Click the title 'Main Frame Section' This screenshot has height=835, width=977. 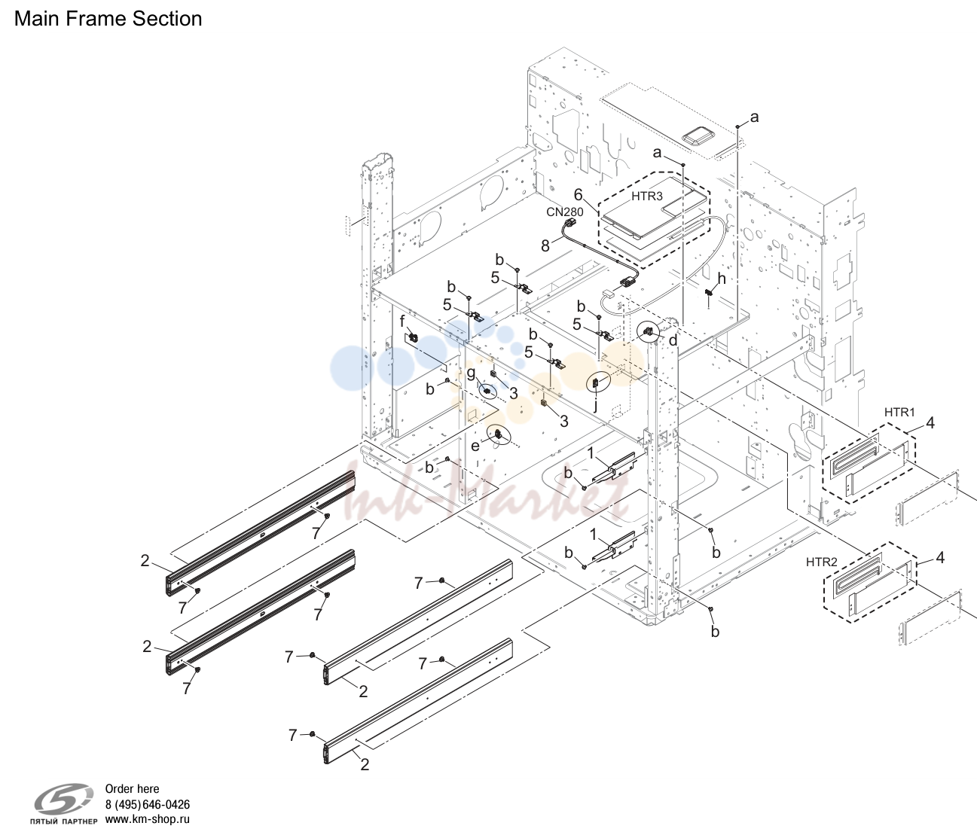(x=108, y=19)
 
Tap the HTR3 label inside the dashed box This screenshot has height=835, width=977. (x=647, y=196)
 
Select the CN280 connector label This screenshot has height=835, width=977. (x=565, y=212)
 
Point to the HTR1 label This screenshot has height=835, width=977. (x=899, y=412)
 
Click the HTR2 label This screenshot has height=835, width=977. (x=822, y=562)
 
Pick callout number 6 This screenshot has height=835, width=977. (x=579, y=194)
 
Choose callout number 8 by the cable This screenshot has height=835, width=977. (x=545, y=245)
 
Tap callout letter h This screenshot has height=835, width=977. (x=722, y=279)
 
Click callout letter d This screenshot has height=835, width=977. (x=673, y=340)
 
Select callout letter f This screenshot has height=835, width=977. (x=402, y=322)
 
